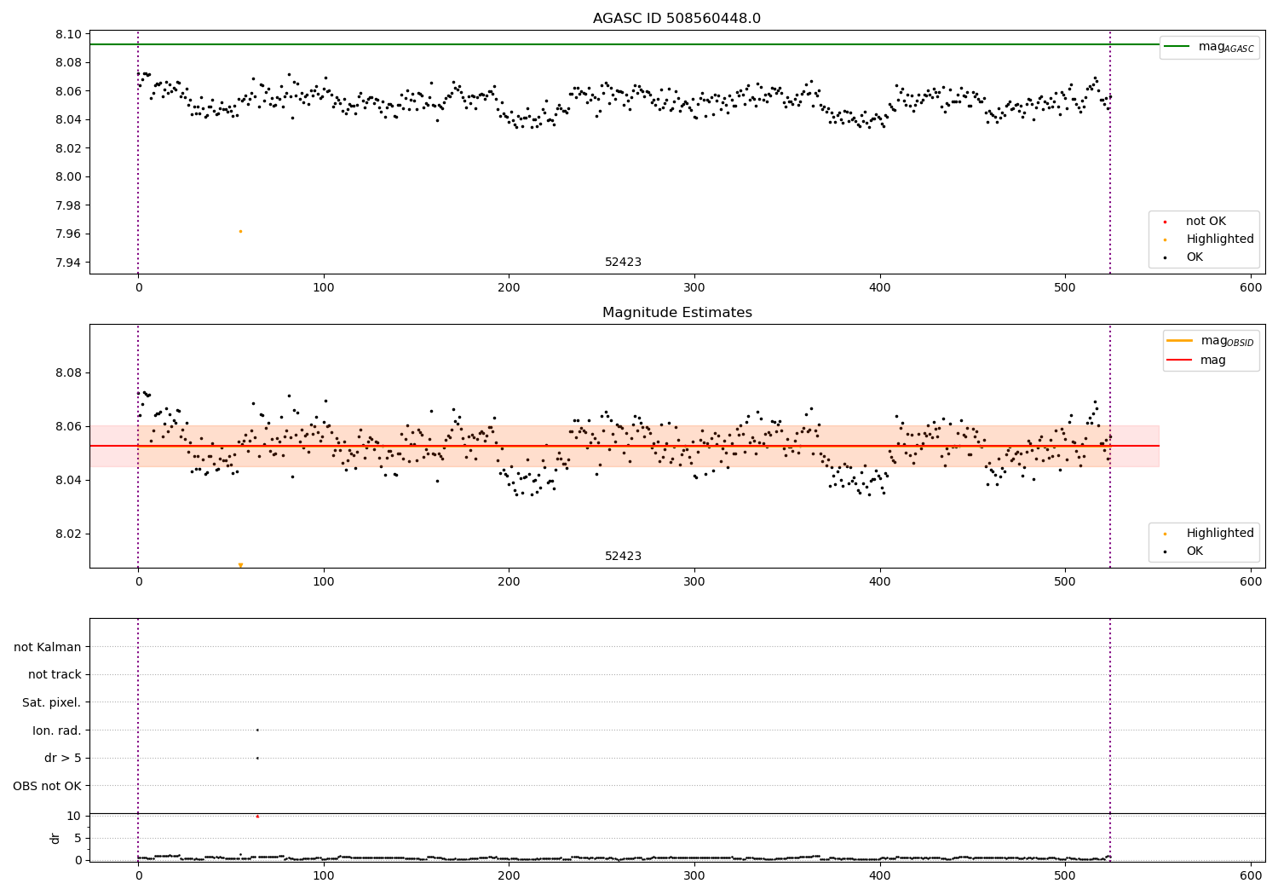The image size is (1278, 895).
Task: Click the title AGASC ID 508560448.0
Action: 676,19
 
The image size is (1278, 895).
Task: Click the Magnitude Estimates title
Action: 676,313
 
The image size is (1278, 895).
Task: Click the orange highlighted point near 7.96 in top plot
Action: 240,231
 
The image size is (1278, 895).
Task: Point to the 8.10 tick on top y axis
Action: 70,34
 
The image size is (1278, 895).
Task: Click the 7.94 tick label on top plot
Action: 70,263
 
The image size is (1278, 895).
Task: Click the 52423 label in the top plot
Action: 623,263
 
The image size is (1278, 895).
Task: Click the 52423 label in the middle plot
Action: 623,557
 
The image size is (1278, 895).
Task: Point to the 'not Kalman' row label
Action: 48,647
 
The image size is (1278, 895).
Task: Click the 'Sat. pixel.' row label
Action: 51,702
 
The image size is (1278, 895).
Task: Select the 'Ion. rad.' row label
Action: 56,730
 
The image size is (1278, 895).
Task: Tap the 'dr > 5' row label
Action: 62,758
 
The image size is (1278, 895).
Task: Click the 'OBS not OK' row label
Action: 47,786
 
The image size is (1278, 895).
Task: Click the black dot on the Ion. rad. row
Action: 257,730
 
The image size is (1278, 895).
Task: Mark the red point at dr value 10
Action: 257,816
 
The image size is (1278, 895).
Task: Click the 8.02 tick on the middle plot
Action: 70,534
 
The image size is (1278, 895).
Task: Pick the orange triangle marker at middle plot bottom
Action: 240,565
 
